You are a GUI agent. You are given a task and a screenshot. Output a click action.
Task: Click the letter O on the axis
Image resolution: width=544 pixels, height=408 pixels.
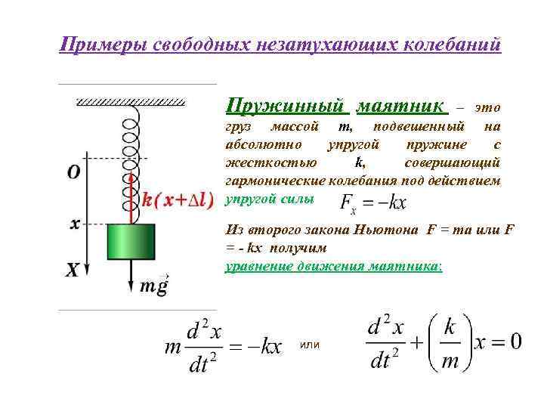[74, 173]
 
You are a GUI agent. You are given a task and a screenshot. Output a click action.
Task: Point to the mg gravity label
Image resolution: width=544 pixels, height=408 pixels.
[154, 286]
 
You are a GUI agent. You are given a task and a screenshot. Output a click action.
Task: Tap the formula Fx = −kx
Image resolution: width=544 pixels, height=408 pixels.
[373, 202]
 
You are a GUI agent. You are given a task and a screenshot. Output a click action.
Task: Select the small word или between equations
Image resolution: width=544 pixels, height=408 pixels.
[310, 345]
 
